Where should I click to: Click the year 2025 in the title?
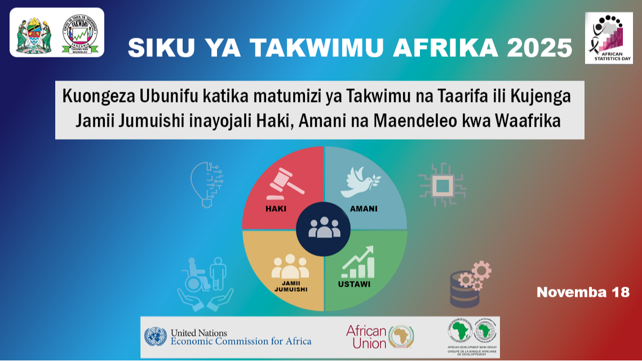point(539,48)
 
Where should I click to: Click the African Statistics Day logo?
point(609,37)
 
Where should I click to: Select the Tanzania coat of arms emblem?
point(34,33)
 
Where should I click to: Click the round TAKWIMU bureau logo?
point(79,33)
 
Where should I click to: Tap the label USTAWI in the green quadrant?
point(354,284)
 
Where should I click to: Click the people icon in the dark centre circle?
point(324,228)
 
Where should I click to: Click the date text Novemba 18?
point(583,292)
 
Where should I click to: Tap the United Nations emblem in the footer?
point(155,337)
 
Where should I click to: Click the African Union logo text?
point(366,337)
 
